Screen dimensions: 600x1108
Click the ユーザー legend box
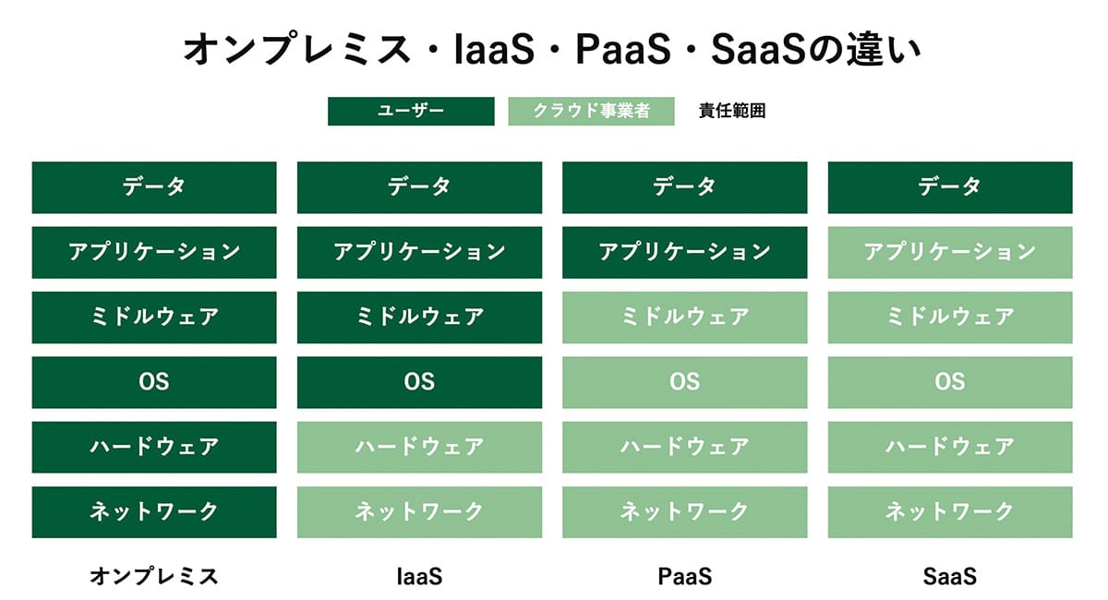411,112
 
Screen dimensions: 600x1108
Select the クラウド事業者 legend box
591,112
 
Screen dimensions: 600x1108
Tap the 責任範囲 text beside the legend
732,112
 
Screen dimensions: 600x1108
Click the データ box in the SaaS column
949,187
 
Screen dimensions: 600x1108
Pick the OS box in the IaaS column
419,382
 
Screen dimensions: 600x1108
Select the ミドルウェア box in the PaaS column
684,318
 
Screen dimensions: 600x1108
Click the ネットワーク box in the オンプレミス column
154,511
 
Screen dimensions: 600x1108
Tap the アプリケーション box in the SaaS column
949,252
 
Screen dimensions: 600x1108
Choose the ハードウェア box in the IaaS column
419,447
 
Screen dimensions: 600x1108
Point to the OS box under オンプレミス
154,382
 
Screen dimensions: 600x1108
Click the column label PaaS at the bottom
684,578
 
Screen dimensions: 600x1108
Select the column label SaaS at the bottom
949,578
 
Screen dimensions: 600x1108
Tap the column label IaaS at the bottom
419,578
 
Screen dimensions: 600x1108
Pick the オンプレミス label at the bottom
154,578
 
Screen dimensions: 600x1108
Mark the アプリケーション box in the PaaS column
684,252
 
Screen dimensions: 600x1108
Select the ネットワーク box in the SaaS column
949,511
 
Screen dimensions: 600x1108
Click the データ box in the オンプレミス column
154,187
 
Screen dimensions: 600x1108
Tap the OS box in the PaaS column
684,382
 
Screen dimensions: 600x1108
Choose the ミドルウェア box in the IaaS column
419,318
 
